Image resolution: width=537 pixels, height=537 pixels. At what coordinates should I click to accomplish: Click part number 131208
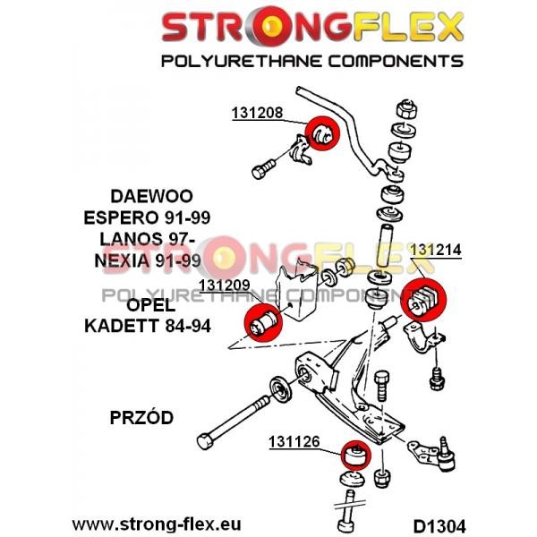(x=258, y=114)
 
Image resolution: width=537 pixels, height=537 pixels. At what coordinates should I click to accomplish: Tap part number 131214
(x=436, y=251)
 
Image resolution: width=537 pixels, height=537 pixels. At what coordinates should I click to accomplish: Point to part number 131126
(x=294, y=440)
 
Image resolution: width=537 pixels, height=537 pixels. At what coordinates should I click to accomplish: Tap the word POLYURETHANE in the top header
(x=234, y=61)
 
